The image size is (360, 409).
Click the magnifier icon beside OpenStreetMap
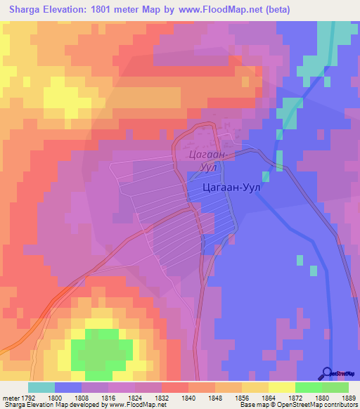click(x=328, y=373)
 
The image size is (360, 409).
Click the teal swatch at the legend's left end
click(x=41, y=387)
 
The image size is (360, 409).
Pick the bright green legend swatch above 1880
click(x=309, y=387)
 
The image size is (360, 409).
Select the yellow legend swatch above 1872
click(x=282, y=387)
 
